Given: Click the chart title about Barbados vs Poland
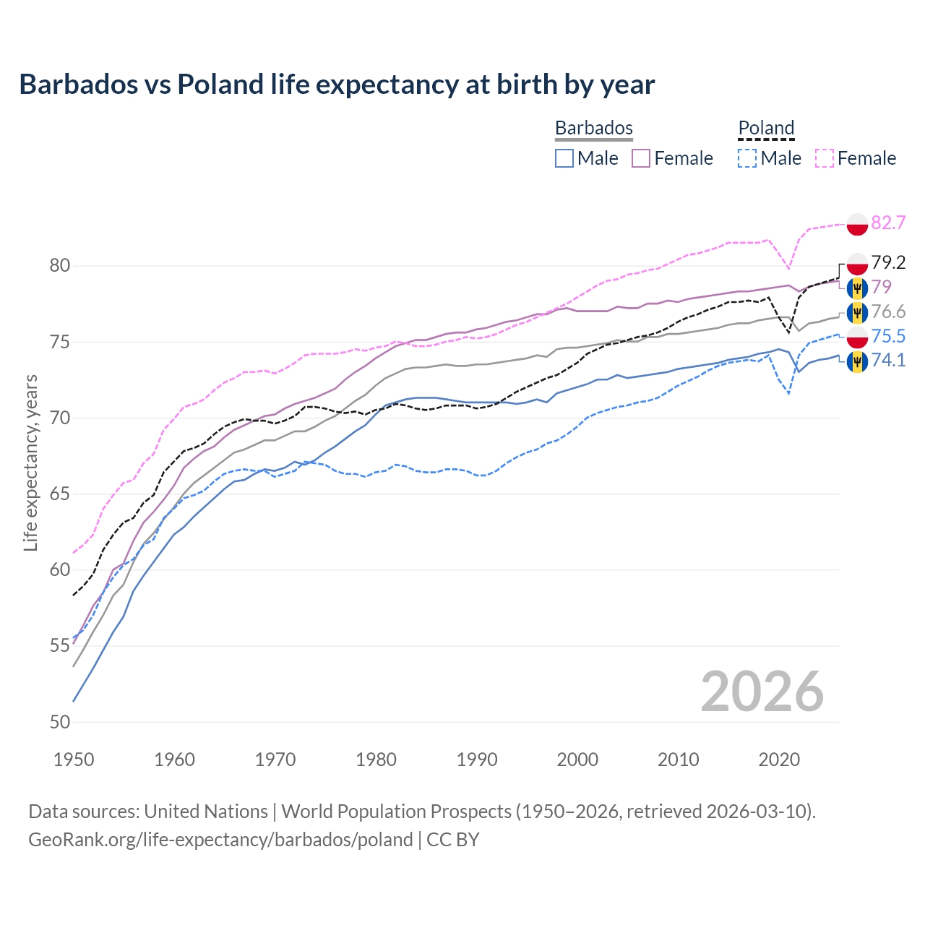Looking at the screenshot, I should tap(337, 85).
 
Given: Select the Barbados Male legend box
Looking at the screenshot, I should tap(564, 158).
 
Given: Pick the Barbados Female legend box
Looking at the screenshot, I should tap(641, 158).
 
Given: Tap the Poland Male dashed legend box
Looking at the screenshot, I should tap(747, 158).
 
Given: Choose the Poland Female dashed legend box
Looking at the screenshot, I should tap(825, 158).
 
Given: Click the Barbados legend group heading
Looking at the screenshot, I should tap(594, 128).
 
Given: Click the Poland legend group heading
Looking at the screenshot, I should tap(766, 128).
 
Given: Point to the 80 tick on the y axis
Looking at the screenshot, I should tap(60, 266).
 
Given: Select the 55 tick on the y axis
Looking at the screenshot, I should tap(60, 646).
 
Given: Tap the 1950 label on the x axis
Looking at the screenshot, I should tap(74, 760).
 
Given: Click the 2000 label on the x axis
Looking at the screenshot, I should tap(577, 760).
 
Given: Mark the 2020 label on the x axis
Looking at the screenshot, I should tap(779, 760).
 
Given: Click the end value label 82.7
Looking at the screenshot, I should tap(888, 223).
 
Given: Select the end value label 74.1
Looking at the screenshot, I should tap(888, 360).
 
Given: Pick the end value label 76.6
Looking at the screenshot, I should tap(888, 311).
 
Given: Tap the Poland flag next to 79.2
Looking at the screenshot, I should tap(857, 263).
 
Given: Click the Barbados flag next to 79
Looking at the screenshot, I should tap(857, 288).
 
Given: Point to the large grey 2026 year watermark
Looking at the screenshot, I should tap(762, 692).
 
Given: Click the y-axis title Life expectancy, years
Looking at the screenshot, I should tap(30, 462).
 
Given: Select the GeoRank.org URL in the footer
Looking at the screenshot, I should tap(220, 840).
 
